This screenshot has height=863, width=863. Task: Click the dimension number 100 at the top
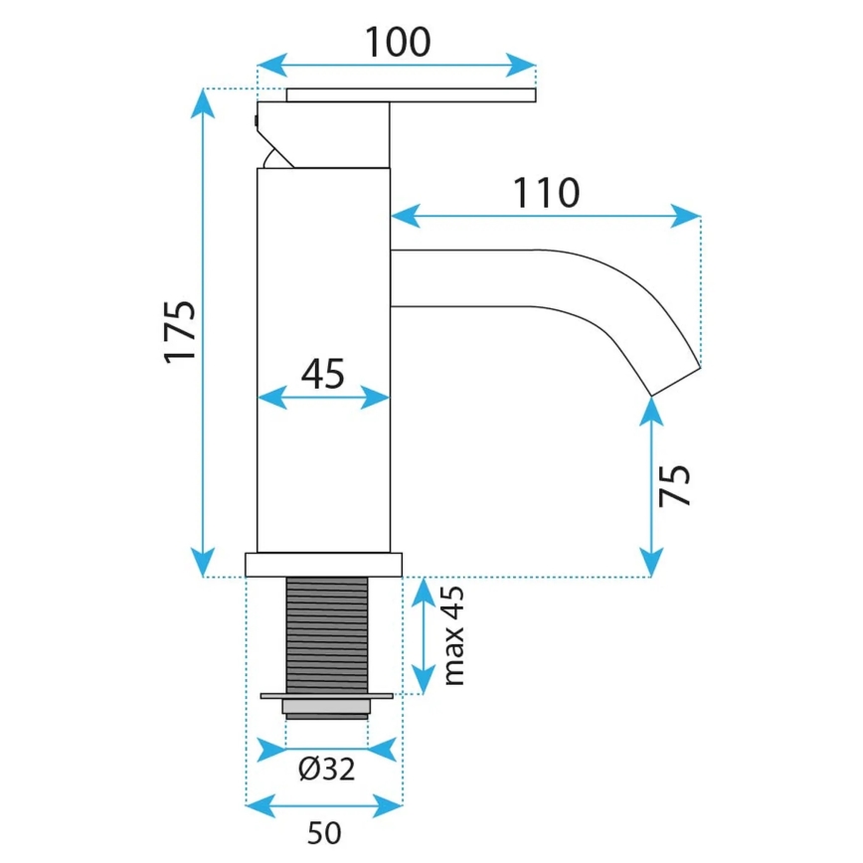tap(397, 43)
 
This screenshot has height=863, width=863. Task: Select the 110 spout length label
tap(546, 193)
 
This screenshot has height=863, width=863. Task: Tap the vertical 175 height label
tap(181, 332)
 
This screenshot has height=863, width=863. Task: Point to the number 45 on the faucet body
tap(322, 374)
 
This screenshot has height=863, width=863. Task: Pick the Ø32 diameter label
tap(326, 769)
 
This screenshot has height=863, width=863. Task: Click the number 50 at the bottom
tap(324, 833)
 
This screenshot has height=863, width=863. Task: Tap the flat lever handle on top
tap(412, 94)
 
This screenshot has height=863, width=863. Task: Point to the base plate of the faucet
tap(324, 565)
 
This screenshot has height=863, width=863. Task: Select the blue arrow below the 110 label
tap(546, 215)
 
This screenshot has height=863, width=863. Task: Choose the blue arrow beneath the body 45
tap(322, 398)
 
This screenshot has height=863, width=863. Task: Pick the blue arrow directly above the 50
tap(324, 802)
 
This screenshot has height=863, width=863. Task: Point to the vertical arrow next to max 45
tap(424, 637)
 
